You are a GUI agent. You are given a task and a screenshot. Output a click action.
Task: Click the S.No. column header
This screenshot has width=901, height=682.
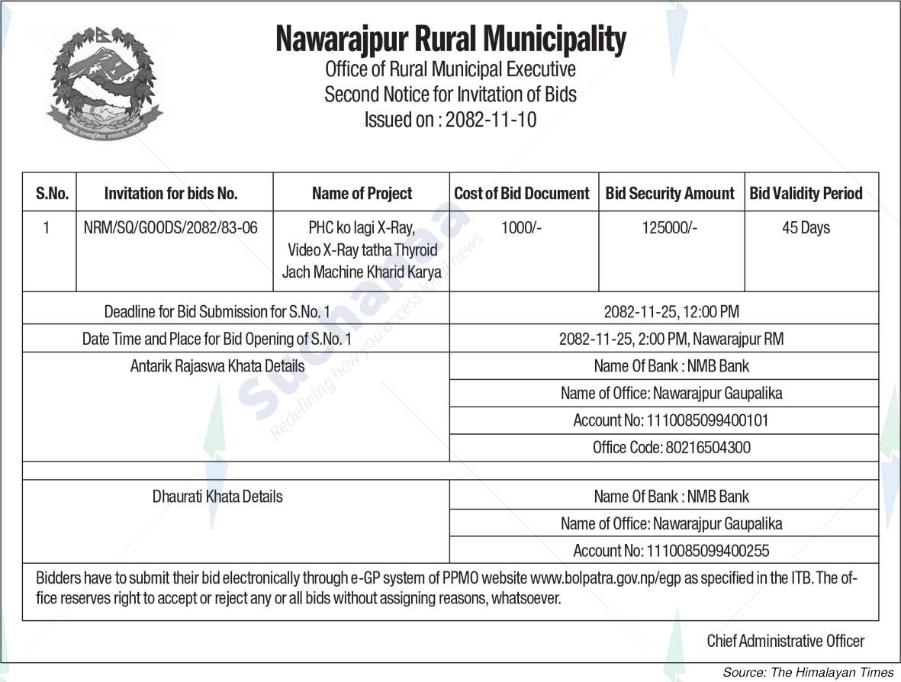pyautogui.click(x=52, y=194)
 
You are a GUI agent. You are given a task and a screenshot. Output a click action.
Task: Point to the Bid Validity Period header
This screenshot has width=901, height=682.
pyautogui.click(x=806, y=194)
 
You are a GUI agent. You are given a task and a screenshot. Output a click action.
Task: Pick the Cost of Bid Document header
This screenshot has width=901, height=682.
pyautogui.click(x=522, y=194)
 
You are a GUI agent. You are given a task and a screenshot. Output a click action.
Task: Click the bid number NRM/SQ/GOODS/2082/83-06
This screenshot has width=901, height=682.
pyautogui.click(x=171, y=227)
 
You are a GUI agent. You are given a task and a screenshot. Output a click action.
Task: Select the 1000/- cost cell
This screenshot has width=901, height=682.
pyautogui.click(x=522, y=227)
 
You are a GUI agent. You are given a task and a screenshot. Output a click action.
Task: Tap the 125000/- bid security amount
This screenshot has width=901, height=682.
pyautogui.click(x=670, y=227)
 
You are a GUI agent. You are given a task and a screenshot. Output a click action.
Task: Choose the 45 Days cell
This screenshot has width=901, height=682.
pyautogui.click(x=806, y=227)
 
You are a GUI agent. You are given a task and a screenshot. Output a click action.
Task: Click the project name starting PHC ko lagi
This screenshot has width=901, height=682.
pyautogui.click(x=362, y=249)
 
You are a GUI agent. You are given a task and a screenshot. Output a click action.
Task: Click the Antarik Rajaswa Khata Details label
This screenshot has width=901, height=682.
pyautogui.click(x=217, y=366)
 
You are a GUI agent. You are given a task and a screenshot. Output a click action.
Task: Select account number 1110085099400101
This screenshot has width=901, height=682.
pyautogui.click(x=707, y=420)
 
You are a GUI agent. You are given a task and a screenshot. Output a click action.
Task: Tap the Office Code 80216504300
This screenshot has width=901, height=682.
pyautogui.click(x=671, y=448)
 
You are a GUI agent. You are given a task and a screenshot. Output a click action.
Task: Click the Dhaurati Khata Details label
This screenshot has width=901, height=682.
pyautogui.click(x=217, y=497)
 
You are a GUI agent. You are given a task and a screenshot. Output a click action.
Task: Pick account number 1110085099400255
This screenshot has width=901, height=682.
pyautogui.click(x=707, y=551)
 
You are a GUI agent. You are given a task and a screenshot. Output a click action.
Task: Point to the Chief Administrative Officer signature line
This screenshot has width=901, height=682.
pyautogui.click(x=785, y=641)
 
